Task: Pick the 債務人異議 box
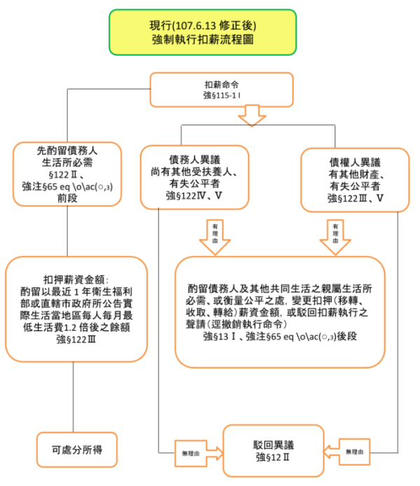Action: coord(194,177)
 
